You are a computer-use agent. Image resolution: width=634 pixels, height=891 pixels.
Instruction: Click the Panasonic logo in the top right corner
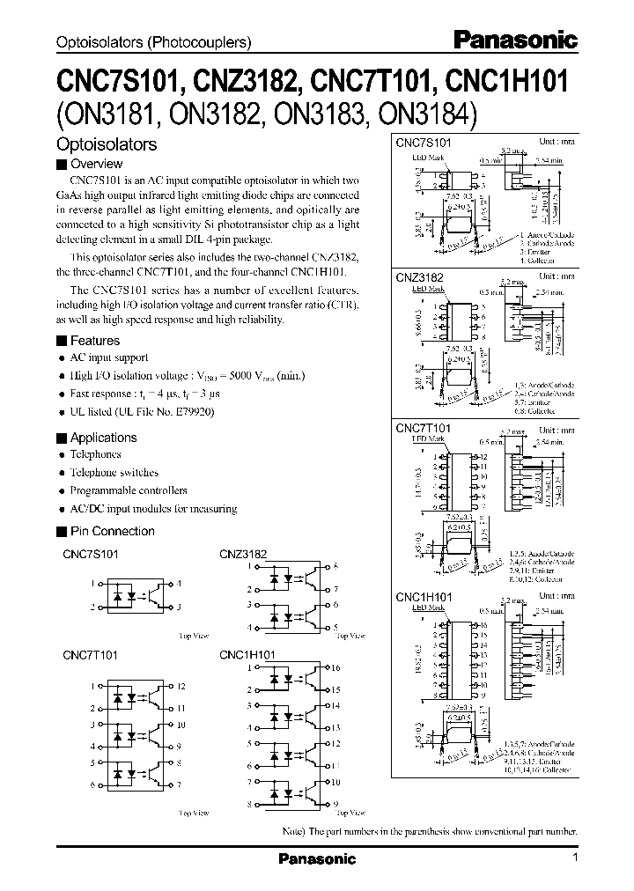point(514,40)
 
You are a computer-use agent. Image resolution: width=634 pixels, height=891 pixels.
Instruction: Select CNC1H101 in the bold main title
point(508,82)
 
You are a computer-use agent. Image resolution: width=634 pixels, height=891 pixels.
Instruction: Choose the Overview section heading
point(96,164)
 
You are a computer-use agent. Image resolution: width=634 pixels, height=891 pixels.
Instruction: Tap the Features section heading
point(94,341)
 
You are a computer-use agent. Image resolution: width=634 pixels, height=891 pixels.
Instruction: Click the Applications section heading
point(103,438)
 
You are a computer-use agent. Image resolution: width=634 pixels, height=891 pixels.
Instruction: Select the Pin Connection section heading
point(112,531)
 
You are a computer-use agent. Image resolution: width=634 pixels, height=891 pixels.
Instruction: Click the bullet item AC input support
point(109,358)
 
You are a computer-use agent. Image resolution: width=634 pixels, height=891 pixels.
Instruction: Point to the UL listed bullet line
point(141,411)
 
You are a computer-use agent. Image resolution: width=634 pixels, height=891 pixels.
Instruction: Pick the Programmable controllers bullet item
point(129,490)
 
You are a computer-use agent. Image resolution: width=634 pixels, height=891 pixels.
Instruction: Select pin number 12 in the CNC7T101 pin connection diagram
point(181,686)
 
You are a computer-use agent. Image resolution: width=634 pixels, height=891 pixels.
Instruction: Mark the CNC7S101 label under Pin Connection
point(92,555)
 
